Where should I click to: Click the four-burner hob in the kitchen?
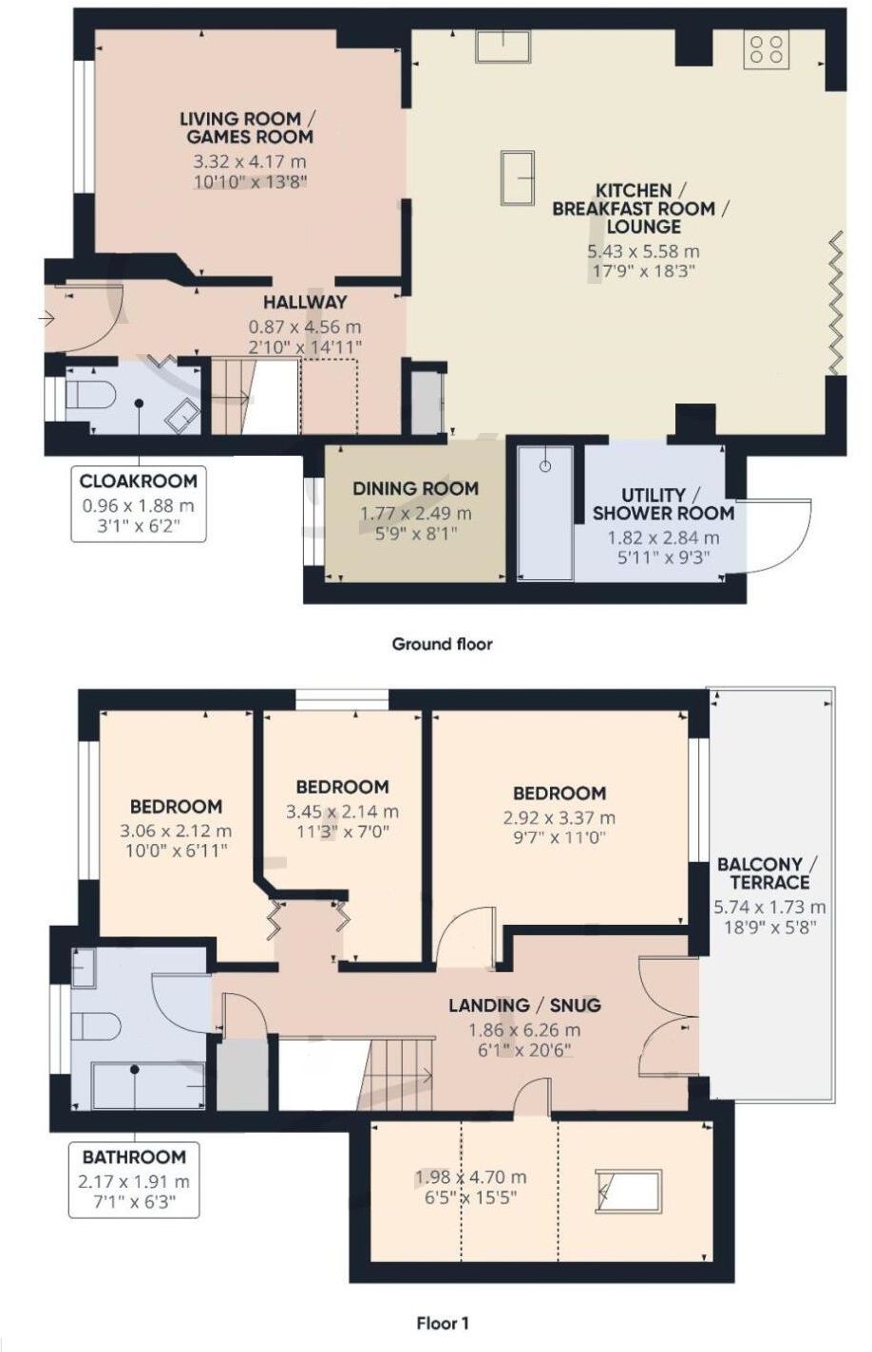[767, 48]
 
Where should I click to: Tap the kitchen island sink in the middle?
[518, 178]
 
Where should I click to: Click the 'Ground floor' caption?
[442, 644]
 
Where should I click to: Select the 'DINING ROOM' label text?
[415, 488]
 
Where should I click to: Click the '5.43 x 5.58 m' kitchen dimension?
[643, 251]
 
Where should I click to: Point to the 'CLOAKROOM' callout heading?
[139, 481]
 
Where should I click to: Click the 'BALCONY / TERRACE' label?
[768, 873]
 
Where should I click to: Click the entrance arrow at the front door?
[46, 318]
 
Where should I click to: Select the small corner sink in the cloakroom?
[183, 415]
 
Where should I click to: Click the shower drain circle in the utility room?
[545, 466]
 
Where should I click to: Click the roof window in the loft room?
[628, 1191]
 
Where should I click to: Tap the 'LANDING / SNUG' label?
[524, 1005]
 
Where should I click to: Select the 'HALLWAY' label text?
[305, 302]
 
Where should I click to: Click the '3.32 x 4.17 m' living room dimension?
[250, 161]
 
